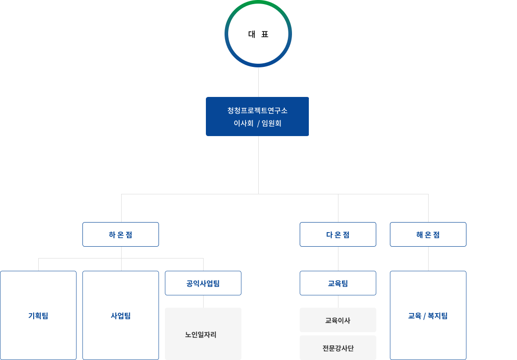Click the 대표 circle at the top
coord(258,34)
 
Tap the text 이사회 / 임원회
coord(257,123)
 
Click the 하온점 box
coord(121,234)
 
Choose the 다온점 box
coord(338,234)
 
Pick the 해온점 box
coord(428,234)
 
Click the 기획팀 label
coord(38,316)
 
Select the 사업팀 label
coord(121,316)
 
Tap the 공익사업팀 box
coord(203,283)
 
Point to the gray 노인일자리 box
coord(203,334)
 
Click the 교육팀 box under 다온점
coord(338,283)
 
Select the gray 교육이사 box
coord(338,320)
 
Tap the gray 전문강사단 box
coord(338,348)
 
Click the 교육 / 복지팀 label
coord(428,316)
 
